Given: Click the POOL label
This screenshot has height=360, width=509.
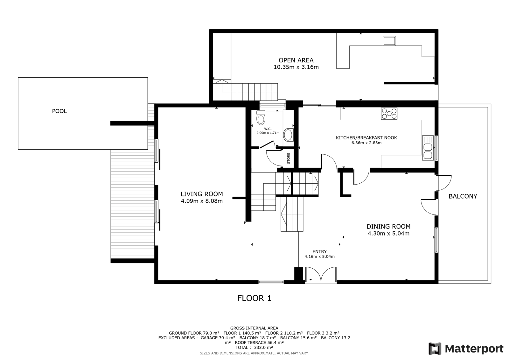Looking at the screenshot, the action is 59,111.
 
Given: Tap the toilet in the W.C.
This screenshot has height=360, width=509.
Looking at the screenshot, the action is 261,117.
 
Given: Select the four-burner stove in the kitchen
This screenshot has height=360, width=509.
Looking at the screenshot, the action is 389,114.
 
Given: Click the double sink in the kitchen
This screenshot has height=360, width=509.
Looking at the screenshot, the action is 428,148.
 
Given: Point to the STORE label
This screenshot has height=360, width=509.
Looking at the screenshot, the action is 289,158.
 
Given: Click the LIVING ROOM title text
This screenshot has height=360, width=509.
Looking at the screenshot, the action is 202,194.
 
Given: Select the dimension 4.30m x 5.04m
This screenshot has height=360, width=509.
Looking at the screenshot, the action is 388,233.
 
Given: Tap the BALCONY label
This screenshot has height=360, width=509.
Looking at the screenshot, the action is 463,196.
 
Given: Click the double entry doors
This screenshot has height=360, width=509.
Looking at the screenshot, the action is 321,275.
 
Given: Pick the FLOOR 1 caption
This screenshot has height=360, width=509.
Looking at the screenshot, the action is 254,298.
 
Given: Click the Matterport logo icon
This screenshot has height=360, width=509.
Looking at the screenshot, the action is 435,349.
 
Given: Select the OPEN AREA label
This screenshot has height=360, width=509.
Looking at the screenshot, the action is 296,60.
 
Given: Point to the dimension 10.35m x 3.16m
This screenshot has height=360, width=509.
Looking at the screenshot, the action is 296,67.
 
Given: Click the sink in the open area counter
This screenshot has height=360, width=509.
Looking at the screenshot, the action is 389,41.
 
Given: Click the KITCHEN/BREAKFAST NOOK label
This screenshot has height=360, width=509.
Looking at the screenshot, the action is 366,138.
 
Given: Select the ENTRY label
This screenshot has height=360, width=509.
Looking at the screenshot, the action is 319,251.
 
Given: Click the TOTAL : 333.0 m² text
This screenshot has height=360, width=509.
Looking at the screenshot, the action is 254,348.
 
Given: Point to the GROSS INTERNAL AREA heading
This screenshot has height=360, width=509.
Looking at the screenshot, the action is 254,328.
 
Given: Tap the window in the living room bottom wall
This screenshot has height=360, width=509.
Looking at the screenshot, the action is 271,282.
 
